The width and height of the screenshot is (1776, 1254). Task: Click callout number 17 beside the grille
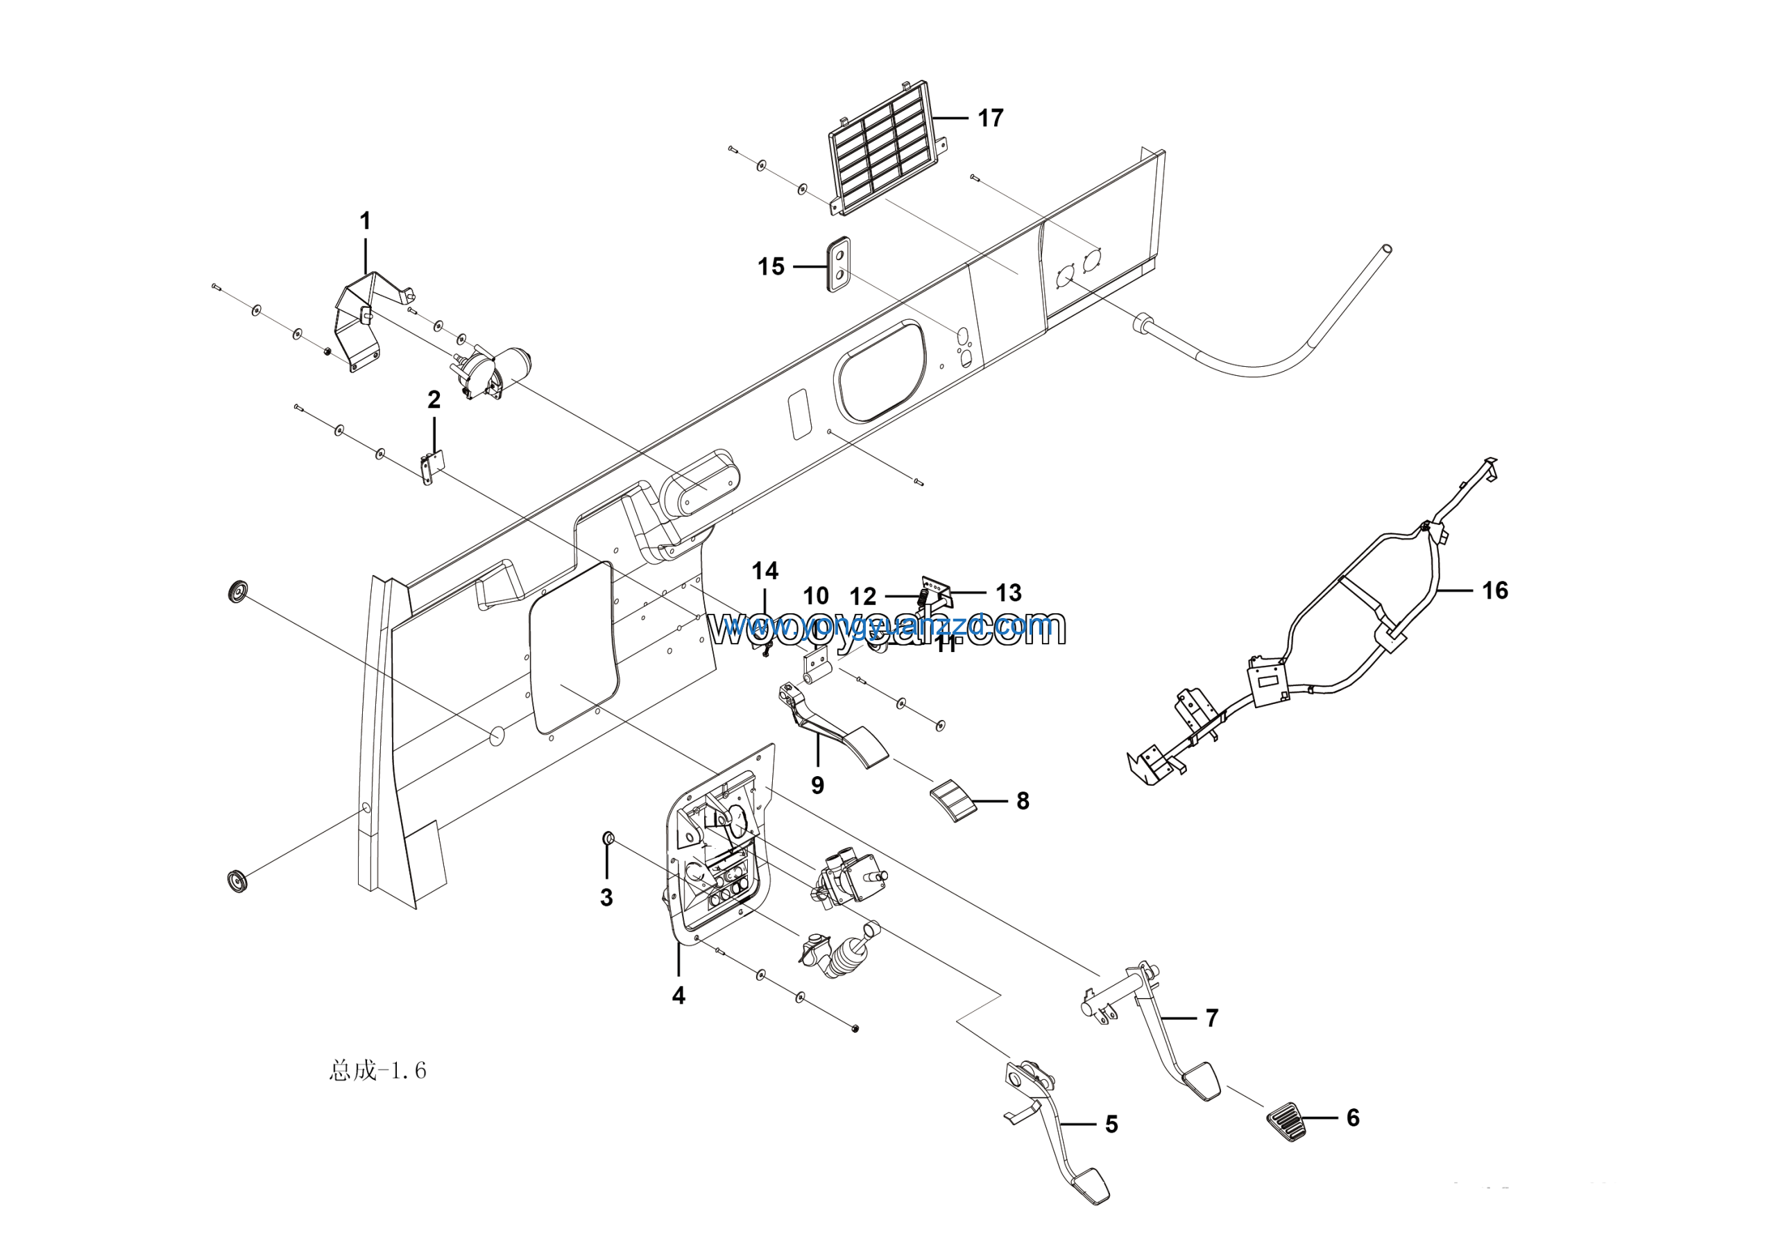coord(990,119)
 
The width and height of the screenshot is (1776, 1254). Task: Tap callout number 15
coord(771,267)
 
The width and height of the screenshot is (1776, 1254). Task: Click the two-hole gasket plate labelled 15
coord(839,264)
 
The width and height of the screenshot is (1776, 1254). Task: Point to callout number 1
coord(365,221)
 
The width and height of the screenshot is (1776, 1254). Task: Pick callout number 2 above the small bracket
coord(434,400)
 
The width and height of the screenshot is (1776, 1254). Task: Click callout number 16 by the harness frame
coord(1494,591)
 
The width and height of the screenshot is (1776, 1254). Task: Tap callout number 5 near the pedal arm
coord(1111,1124)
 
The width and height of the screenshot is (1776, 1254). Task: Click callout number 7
coord(1211,1018)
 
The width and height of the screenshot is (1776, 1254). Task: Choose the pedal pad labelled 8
coord(954,800)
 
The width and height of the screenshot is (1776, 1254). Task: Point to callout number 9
coord(818,786)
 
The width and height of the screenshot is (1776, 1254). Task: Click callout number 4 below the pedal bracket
coord(678,996)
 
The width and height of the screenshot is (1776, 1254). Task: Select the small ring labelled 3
coord(608,838)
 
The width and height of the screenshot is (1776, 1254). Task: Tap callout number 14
coord(765,572)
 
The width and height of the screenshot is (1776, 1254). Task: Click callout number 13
coord(1009,593)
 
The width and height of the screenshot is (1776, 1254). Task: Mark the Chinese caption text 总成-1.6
coord(377,1071)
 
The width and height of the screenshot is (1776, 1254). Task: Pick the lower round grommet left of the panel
coord(237,881)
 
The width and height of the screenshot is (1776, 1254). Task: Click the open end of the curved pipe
coord(1386,250)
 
